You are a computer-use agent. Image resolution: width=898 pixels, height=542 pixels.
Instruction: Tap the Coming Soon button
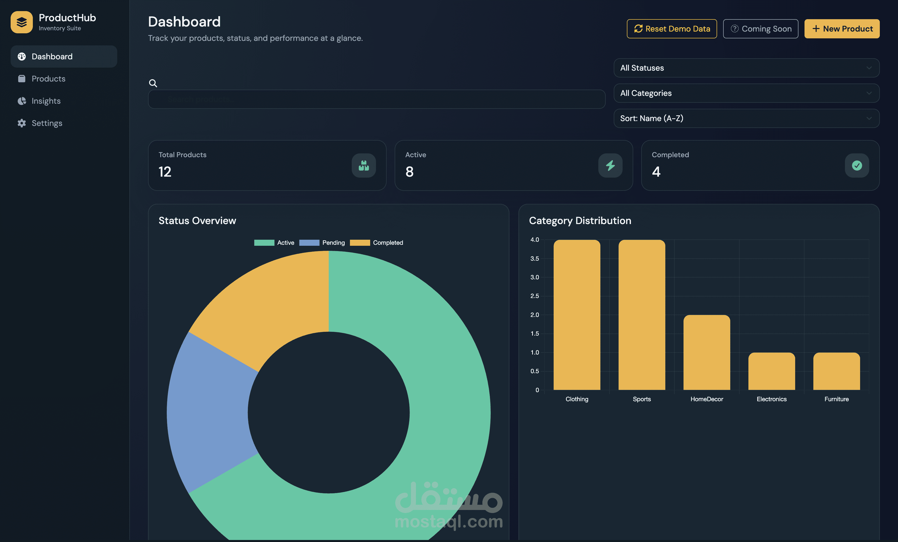point(760,29)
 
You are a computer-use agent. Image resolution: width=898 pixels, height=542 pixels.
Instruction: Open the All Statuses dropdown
point(746,68)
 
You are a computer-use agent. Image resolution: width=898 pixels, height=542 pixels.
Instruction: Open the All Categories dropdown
point(746,93)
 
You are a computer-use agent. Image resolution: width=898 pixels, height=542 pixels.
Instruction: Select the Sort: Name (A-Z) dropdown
point(746,118)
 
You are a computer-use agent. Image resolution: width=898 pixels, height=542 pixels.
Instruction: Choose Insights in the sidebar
point(46,101)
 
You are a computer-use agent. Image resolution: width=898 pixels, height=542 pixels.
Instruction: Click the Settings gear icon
point(22,123)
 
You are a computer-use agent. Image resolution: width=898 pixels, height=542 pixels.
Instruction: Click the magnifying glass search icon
point(153,83)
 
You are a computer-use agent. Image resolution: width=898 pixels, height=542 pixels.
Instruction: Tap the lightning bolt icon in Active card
point(610,166)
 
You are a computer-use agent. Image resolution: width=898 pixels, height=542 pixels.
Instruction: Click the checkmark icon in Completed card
point(857,166)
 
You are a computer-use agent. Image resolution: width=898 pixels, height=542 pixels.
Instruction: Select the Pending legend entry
point(322,243)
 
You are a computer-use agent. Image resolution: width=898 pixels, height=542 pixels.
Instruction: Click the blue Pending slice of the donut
point(208,411)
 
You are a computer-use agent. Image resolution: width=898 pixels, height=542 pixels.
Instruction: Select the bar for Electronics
point(771,371)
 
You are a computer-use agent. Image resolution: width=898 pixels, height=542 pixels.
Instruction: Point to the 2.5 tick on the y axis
point(534,296)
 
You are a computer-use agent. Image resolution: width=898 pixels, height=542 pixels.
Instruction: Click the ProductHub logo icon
point(21,22)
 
